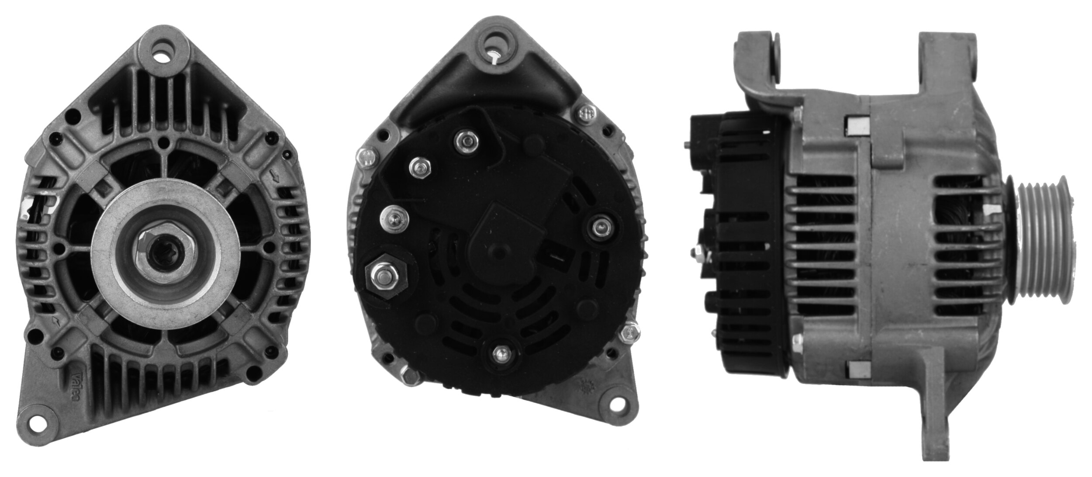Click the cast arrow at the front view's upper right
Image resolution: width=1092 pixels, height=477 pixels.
(x=276, y=177)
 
